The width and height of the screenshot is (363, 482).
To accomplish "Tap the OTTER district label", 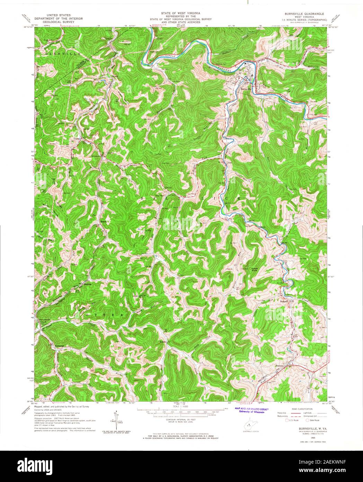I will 104,315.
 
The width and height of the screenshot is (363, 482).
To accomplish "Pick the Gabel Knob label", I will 255,269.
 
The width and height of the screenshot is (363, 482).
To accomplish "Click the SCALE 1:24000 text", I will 180,406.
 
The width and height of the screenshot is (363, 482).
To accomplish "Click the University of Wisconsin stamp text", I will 249,412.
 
